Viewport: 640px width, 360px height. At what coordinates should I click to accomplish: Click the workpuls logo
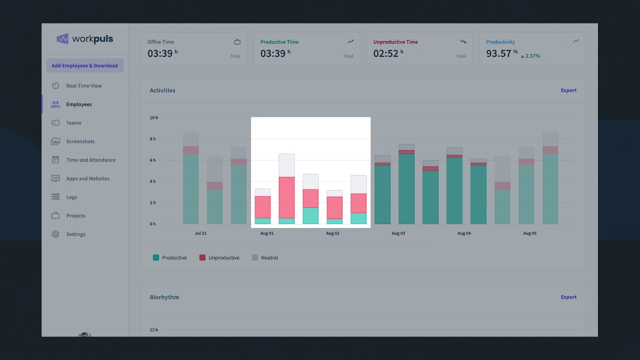point(84,39)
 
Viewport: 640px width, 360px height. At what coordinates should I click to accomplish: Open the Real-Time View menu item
point(83,86)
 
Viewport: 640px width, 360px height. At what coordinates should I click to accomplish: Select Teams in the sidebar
point(73,123)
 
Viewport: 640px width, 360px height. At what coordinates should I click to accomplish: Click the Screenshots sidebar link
point(80,141)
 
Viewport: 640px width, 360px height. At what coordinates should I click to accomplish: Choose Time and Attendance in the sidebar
point(90,160)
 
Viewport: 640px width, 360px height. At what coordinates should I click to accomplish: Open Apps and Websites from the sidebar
point(87,178)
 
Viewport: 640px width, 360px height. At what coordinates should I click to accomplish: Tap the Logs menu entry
point(71,197)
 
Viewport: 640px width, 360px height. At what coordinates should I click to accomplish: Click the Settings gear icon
point(55,234)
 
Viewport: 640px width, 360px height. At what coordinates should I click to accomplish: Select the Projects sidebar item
point(75,215)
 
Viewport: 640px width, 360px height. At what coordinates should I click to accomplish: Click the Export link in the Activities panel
point(568,90)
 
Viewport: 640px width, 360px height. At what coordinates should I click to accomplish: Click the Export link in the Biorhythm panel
point(568,297)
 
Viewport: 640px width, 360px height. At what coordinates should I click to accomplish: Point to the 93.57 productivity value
point(498,53)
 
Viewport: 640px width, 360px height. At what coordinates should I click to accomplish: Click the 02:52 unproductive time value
point(385,53)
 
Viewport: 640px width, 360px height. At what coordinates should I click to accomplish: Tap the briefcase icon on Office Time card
point(237,42)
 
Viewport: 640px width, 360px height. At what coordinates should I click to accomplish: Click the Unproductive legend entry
point(223,258)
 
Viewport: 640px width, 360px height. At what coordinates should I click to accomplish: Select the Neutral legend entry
point(269,258)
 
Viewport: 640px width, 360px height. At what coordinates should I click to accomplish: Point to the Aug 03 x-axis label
point(398,233)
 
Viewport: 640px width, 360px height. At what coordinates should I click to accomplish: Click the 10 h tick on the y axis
point(153,118)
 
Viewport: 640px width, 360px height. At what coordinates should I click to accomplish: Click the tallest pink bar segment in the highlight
point(286,197)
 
